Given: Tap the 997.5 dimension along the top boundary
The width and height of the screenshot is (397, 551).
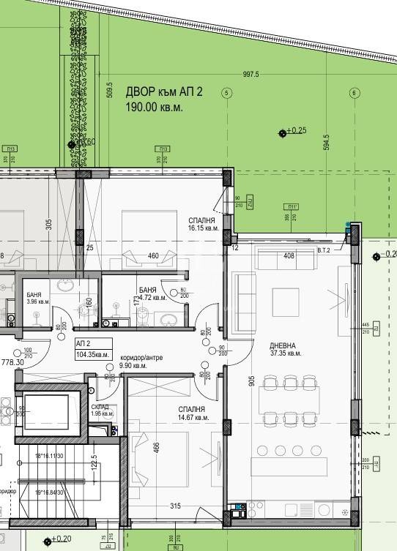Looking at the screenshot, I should pos(251,75).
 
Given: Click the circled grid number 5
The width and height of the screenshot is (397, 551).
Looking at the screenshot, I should pos(227,93).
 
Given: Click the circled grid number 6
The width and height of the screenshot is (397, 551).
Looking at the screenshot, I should pos(354,93).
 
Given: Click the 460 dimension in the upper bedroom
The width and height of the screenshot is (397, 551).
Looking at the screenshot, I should pos(154,256).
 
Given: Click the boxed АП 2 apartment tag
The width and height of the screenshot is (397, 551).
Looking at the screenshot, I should pos(83,342).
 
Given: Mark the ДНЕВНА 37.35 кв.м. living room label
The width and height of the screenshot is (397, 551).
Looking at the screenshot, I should pos(264,348).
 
